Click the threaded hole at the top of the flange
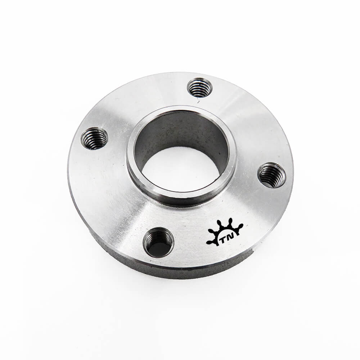[x=199, y=87]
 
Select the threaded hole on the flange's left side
[x=94, y=139]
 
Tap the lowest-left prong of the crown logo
[x=210, y=242]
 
